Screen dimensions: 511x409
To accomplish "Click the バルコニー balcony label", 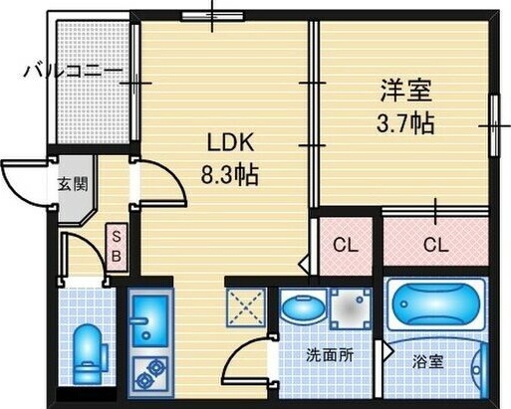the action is pos(74,71).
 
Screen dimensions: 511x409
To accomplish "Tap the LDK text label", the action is pos(231,143).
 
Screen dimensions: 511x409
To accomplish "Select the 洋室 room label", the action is pos(405,90).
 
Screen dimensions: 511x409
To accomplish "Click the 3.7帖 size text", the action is pos(405,123).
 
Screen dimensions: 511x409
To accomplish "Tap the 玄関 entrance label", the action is pos(73,184).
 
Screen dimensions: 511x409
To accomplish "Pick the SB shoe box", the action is pos(117,247).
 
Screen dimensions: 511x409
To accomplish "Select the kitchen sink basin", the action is pos(150,321).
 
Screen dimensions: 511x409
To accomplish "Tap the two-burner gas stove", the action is pos(150,373).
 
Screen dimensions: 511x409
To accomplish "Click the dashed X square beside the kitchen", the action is pos(246,307).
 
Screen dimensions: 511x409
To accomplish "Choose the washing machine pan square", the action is pos(352,309).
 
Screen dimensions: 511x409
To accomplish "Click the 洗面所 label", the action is pos(330,356).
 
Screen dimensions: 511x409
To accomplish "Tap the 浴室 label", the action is pos(427,362).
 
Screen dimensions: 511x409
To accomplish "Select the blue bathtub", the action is pos(436,304).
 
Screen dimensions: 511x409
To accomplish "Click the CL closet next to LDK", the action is pos(346,246).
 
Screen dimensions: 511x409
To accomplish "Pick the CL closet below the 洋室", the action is pos(436,246).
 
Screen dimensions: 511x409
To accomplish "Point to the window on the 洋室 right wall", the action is pos(494,125).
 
